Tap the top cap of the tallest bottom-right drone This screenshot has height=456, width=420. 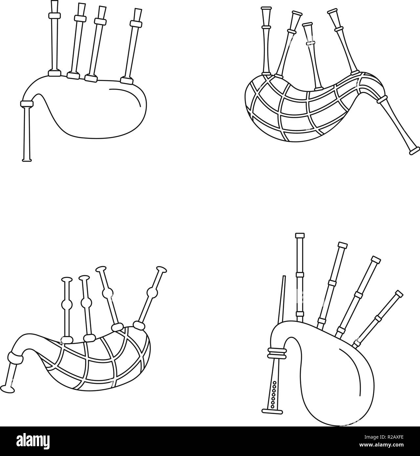[300, 236]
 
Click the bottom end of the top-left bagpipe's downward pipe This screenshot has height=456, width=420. [27, 160]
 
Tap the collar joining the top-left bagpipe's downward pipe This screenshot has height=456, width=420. [27, 104]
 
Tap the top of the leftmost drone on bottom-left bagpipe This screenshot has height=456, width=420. [67, 280]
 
